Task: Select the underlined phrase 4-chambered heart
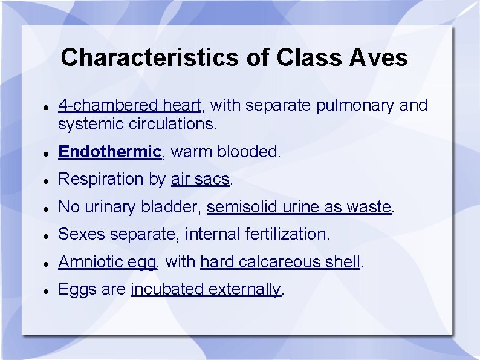click(129, 105)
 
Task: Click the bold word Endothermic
click(109, 151)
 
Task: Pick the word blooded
click(250, 151)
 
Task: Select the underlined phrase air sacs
click(200, 179)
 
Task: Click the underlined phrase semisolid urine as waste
click(299, 207)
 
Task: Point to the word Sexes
click(83, 234)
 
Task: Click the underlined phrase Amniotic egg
click(108, 262)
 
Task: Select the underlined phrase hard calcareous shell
click(281, 262)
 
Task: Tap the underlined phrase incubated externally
click(206, 289)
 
